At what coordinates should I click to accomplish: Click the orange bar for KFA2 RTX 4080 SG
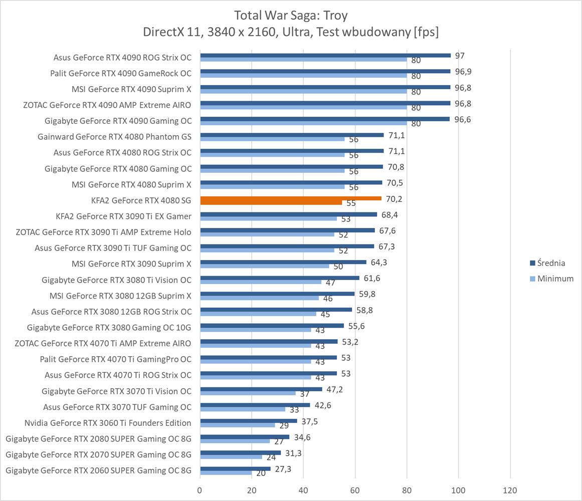(291, 198)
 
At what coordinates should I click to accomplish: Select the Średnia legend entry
(551, 263)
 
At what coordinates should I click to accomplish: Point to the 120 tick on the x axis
(510, 490)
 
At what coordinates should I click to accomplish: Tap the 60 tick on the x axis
(355, 490)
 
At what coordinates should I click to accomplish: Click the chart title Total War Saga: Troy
(290, 16)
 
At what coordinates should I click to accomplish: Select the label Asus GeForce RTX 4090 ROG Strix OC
(122, 57)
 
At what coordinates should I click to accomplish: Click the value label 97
(460, 55)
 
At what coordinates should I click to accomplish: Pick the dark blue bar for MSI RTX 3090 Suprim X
(283, 262)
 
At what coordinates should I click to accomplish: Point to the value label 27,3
(283, 469)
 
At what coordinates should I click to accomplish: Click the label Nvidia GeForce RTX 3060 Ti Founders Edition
(108, 423)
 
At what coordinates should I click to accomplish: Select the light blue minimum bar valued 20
(226, 473)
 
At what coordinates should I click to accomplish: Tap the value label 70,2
(394, 199)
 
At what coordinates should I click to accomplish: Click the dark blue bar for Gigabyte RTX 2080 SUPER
(245, 437)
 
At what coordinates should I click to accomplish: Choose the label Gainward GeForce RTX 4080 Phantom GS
(114, 136)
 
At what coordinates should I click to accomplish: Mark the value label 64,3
(378, 262)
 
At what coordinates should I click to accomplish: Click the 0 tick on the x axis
(200, 490)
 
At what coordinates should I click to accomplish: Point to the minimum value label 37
(305, 394)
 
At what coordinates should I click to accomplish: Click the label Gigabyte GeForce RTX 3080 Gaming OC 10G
(109, 328)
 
